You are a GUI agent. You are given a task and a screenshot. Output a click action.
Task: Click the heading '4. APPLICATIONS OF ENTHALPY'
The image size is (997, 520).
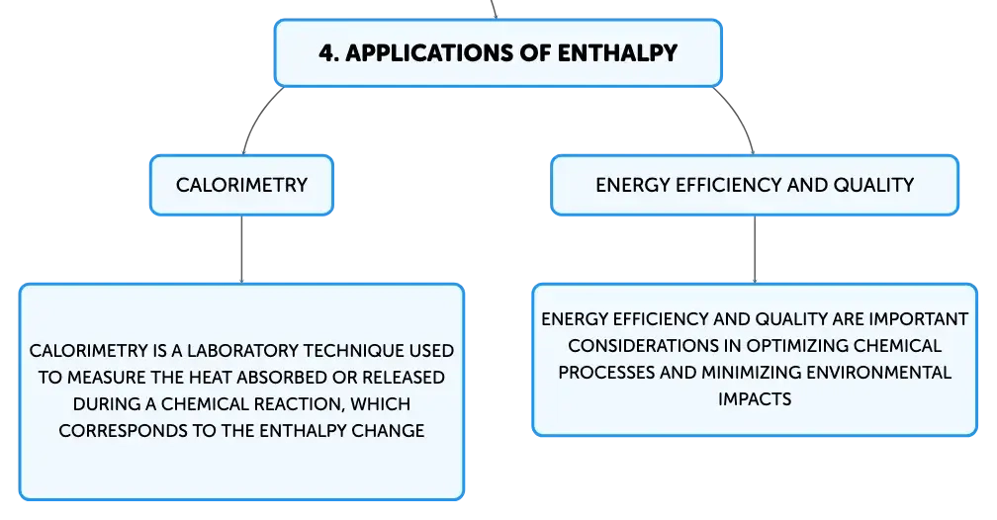(498, 52)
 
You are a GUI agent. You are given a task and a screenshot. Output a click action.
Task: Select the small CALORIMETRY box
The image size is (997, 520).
(241, 185)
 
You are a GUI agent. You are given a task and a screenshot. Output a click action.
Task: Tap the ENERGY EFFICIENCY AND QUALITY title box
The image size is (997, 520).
(755, 185)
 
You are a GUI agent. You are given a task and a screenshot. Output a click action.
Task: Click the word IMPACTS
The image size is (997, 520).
(755, 399)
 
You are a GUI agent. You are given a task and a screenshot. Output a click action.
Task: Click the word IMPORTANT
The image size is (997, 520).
(918, 319)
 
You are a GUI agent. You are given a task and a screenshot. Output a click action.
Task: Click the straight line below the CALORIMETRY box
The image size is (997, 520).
(241, 249)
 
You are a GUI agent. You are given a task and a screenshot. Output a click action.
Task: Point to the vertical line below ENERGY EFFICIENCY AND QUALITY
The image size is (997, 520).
(755, 249)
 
